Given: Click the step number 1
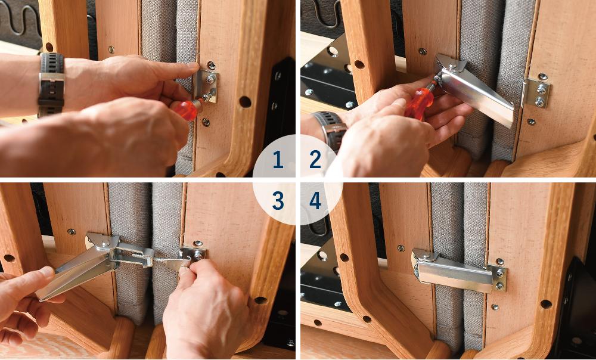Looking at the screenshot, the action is coord(278,160).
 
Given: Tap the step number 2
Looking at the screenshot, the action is coord(315,160).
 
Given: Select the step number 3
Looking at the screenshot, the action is coord(278,201).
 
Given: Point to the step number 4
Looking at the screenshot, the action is coord(315,201).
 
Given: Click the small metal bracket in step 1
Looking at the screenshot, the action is coord(206,86).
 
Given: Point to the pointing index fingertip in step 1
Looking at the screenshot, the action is coord(191,66).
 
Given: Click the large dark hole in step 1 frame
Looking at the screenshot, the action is coord(245,102).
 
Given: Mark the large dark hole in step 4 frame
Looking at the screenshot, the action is coord(546,304).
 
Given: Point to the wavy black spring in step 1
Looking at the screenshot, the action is coord(19,19).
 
